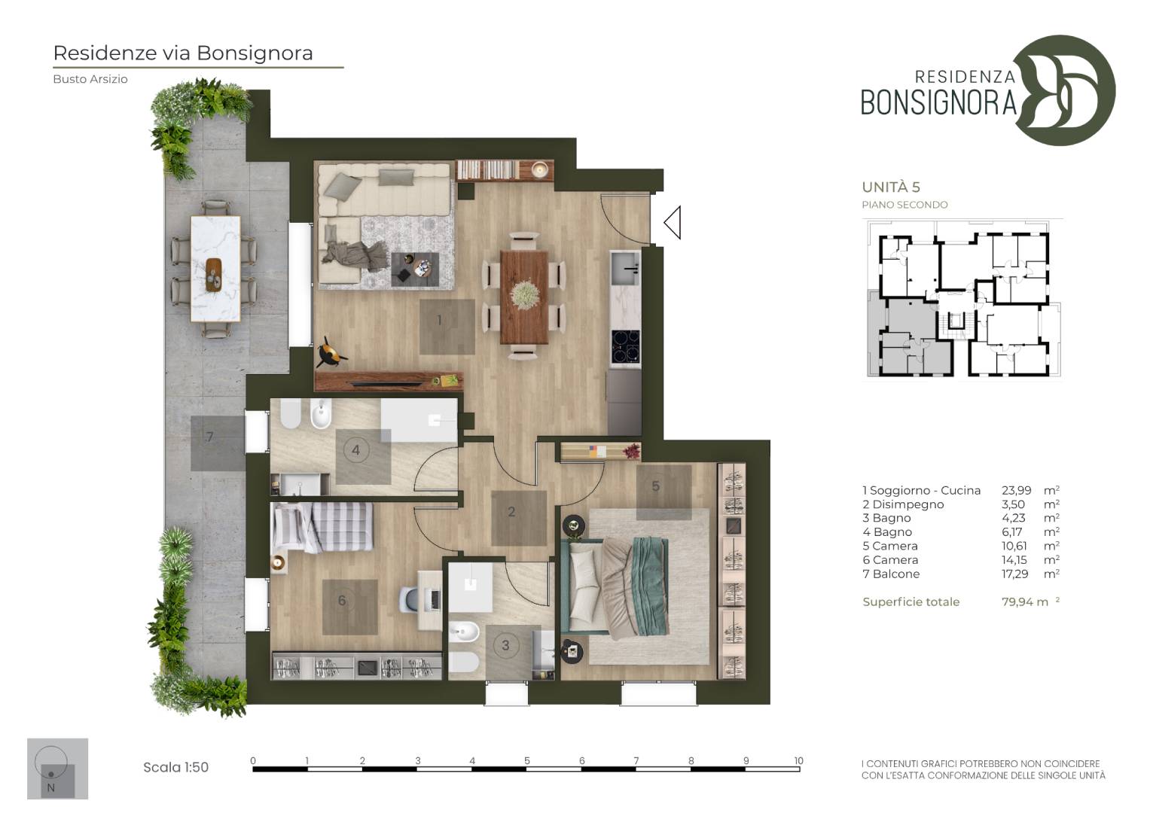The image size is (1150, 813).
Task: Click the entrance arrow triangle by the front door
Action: tap(673, 223)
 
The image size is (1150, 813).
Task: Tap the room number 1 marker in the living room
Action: tap(440, 320)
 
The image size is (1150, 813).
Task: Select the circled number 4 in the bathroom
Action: tap(355, 451)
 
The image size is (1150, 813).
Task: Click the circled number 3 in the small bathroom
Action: tap(505, 645)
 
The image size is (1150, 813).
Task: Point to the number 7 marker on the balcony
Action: tap(209, 437)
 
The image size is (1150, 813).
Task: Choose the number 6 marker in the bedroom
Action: tap(343, 600)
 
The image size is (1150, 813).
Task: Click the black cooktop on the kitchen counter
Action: tap(626, 346)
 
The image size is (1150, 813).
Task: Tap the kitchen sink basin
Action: tap(625, 267)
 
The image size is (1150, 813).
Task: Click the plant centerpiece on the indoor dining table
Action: tap(525, 294)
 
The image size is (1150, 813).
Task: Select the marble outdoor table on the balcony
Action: tap(215, 269)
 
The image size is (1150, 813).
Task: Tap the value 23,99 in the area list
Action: tap(1017, 490)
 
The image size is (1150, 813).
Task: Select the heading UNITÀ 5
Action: tap(891, 187)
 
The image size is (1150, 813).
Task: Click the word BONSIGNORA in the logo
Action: tap(938, 102)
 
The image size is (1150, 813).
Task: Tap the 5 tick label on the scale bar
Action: tap(526, 760)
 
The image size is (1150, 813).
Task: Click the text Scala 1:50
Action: tap(176, 767)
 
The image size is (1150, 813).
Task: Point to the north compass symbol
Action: tap(57, 769)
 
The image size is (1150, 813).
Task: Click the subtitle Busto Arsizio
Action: tap(90, 79)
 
